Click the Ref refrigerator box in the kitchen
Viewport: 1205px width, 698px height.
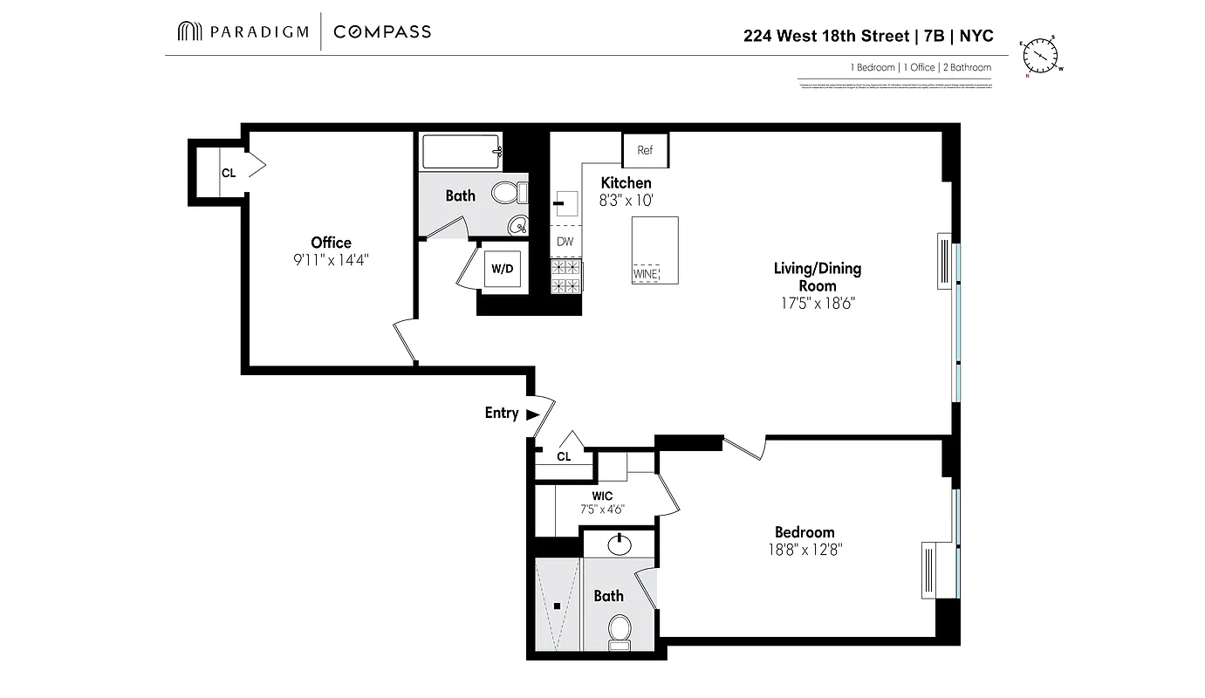point(645,150)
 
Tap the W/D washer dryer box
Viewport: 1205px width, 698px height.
point(503,269)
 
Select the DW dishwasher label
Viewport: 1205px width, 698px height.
point(565,242)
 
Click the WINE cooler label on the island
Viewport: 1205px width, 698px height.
point(646,274)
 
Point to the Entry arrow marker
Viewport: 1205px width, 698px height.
point(532,414)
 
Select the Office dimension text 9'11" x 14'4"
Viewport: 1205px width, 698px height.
point(332,260)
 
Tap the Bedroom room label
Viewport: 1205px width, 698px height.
point(804,532)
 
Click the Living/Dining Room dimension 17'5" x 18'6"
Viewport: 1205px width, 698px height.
point(817,304)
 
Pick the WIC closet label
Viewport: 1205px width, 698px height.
point(602,496)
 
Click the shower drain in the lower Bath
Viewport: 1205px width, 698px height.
point(558,606)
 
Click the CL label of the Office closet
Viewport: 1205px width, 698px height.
point(229,173)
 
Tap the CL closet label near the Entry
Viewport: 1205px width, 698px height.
point(564,456)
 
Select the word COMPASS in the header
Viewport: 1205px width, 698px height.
point(382,32)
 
